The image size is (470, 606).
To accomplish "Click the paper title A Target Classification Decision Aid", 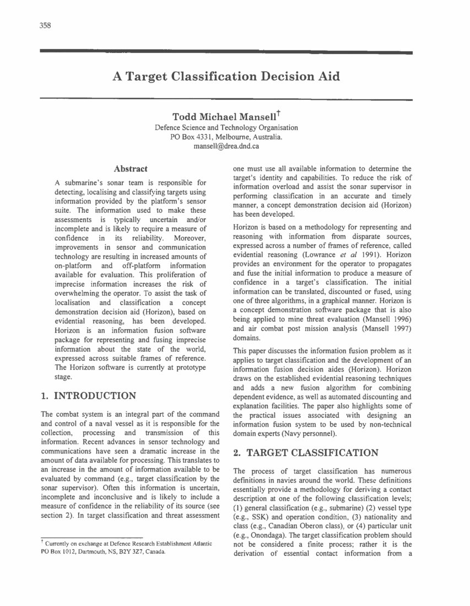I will [x=226, y=76].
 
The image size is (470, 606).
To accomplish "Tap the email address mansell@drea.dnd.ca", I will [x=226, y=147].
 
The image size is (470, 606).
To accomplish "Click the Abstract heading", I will [x=130, y=169].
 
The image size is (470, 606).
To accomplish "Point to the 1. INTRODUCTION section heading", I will [x=89, y=395].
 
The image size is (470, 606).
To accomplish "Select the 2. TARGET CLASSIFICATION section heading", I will [x=306, y=453].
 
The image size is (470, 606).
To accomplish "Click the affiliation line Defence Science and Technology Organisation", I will [x=226, y=127].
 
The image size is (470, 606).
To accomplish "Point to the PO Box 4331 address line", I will [x=226, y=137].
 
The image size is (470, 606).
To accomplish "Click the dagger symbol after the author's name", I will [x=279, y=114].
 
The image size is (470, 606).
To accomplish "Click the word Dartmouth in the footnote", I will [x=90, y=552].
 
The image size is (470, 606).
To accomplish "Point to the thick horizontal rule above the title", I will [x=226, y=52].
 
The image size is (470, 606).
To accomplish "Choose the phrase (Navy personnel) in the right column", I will [x=311, y=434].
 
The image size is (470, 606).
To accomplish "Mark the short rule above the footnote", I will [x=92, y=537].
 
